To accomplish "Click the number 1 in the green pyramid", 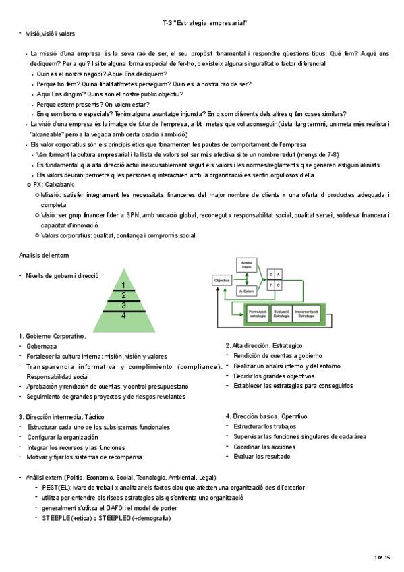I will [x=123, y=285].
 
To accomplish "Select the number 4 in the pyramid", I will [x=123, y=315].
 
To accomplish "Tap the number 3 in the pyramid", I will [x=123, y=305].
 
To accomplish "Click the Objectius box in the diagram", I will [x=221, y=279].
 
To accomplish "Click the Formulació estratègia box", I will [x=256, y=313].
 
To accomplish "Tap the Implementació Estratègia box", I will [x=306, y=313].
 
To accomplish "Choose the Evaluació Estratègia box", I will [x=281, y=313].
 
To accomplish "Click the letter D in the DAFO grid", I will [x=271, y=274].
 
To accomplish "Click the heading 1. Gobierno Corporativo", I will [x=53, y=336].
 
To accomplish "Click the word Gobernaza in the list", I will [x=41, y=346].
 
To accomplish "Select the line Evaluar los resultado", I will [x=263, y=457].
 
